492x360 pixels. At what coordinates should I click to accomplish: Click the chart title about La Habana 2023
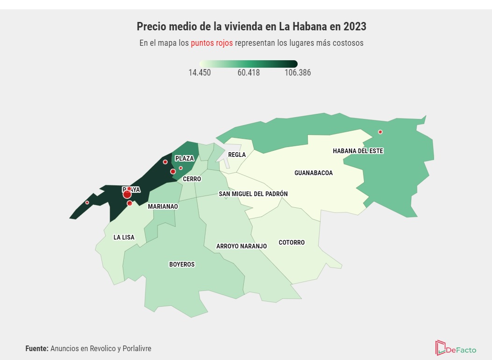point(251,27)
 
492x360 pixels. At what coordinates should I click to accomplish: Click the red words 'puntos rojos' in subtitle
point(211,43)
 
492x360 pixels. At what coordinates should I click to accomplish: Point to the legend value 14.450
point(200,73)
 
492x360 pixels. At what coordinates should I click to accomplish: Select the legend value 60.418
point(249,73)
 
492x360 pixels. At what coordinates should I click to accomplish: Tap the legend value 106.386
point(298,73)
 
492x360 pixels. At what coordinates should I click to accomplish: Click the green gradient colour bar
point(248,64)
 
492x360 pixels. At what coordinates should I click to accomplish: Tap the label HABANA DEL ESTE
point(358,151)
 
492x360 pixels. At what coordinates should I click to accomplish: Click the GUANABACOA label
point(314,173)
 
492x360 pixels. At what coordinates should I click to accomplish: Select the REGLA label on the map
point(237,155)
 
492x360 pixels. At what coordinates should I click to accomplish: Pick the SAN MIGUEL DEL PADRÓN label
point(253,194)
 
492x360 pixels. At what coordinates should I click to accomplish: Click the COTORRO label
point(292,242)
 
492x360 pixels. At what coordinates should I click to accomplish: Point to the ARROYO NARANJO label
point(242,246)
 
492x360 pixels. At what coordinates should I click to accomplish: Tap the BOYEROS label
point(182,264)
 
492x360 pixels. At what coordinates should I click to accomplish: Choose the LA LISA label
point(124,237)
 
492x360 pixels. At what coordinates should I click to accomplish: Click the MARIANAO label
point(163,206)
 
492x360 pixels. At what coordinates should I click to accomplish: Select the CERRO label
point(192,179)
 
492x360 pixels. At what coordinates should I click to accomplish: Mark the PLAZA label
point(185,159)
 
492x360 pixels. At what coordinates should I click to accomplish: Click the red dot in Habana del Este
point(380,132)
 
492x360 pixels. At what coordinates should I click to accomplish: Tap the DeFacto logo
point(456,348)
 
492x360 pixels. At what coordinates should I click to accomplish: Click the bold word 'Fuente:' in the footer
point(36,348)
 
